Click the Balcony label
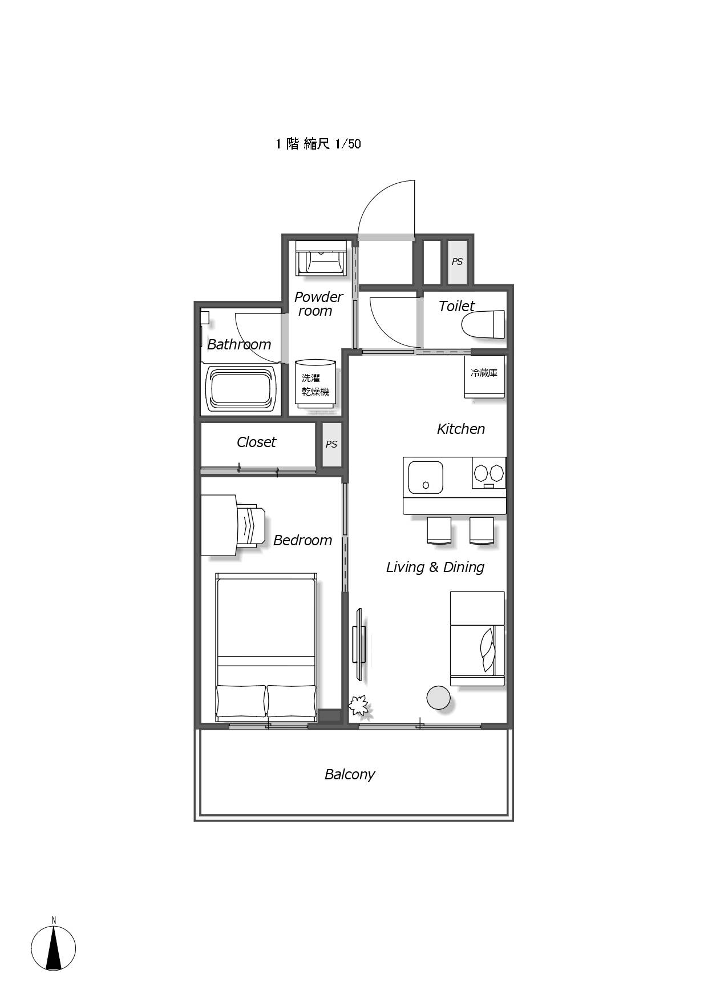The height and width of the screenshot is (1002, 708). [349, 774]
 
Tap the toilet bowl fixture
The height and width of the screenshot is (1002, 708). [483, 325]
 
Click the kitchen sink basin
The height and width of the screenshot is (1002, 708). [426, 477]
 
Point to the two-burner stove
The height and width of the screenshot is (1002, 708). [489, 473]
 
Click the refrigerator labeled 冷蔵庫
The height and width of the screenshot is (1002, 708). [484, 377]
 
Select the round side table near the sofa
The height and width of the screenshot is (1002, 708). [439, 697]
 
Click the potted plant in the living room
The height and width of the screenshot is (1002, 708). [359, 706]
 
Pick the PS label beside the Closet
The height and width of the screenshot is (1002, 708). [331, 444]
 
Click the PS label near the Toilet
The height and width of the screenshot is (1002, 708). [457, 261]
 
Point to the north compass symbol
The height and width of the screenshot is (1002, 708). [54, 947]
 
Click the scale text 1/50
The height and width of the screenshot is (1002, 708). [348, 143]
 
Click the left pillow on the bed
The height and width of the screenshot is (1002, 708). [241, 701]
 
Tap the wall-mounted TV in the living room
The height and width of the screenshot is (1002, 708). [359, 645]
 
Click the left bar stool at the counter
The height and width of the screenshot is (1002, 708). [439, 530]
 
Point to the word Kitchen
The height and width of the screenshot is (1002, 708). [461, 429]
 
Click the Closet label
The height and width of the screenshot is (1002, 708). [256, 442]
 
